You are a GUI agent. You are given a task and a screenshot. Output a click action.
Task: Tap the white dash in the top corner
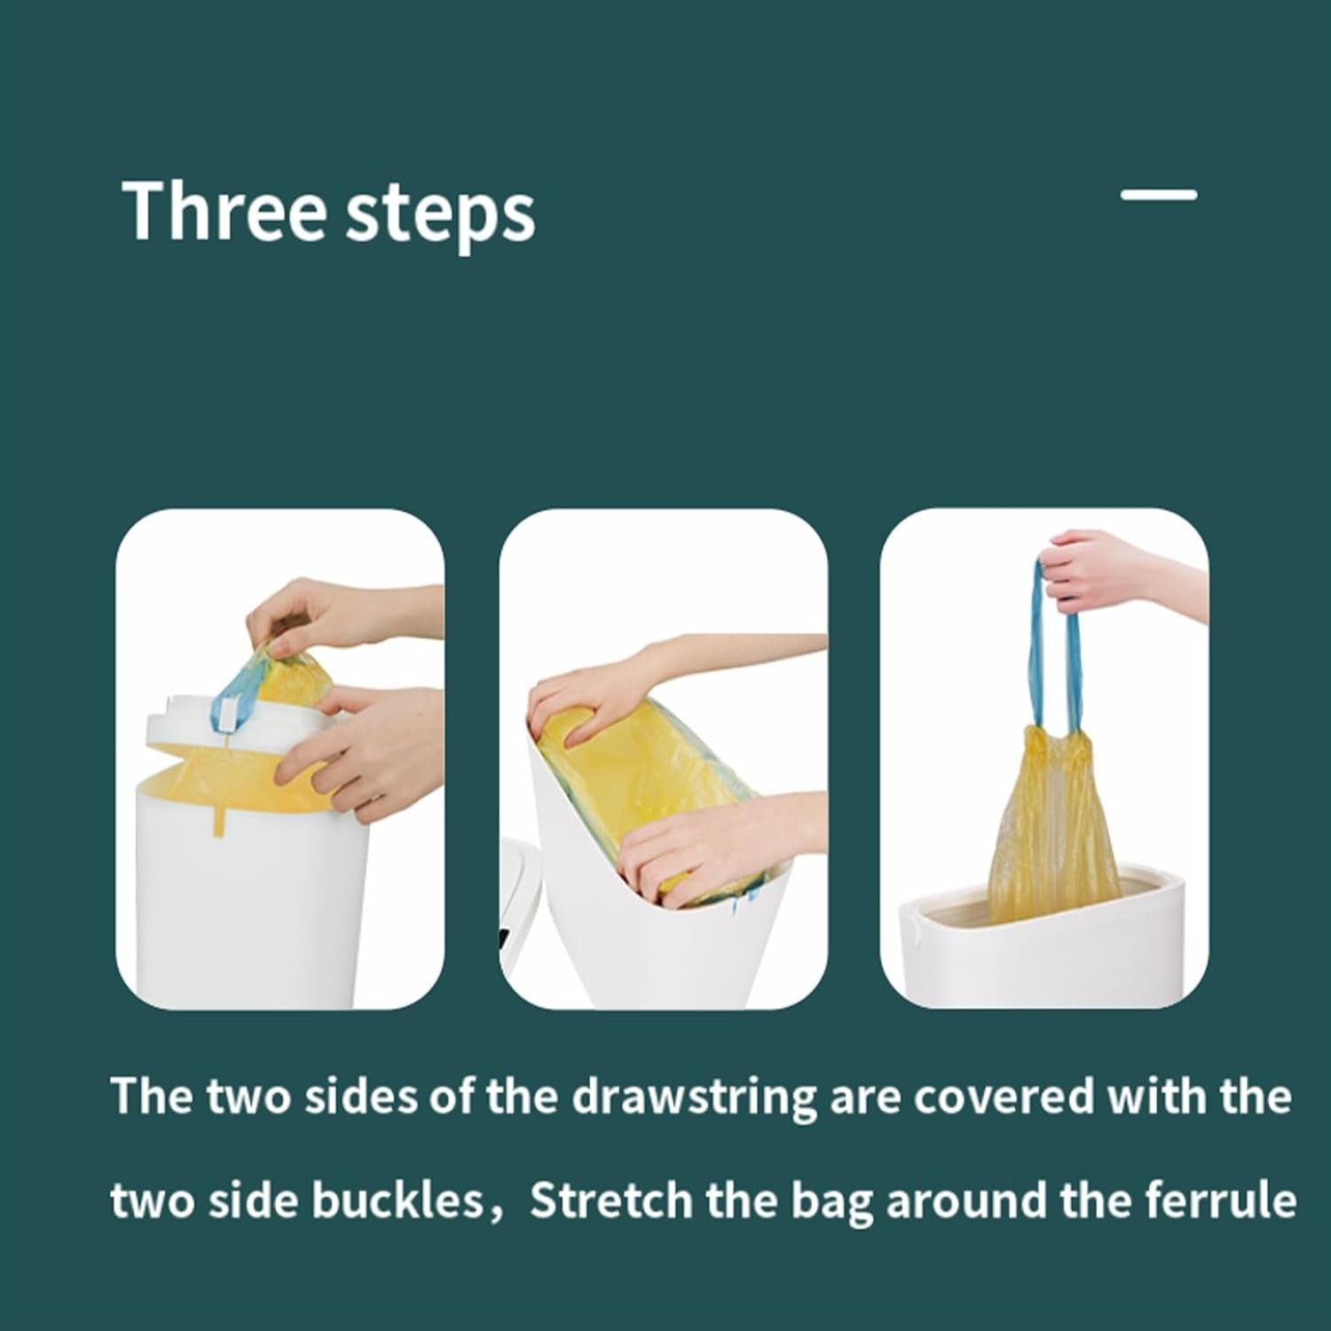[x=1159, y=194]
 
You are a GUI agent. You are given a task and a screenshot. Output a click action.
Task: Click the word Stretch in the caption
[x=610, y=1200]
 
